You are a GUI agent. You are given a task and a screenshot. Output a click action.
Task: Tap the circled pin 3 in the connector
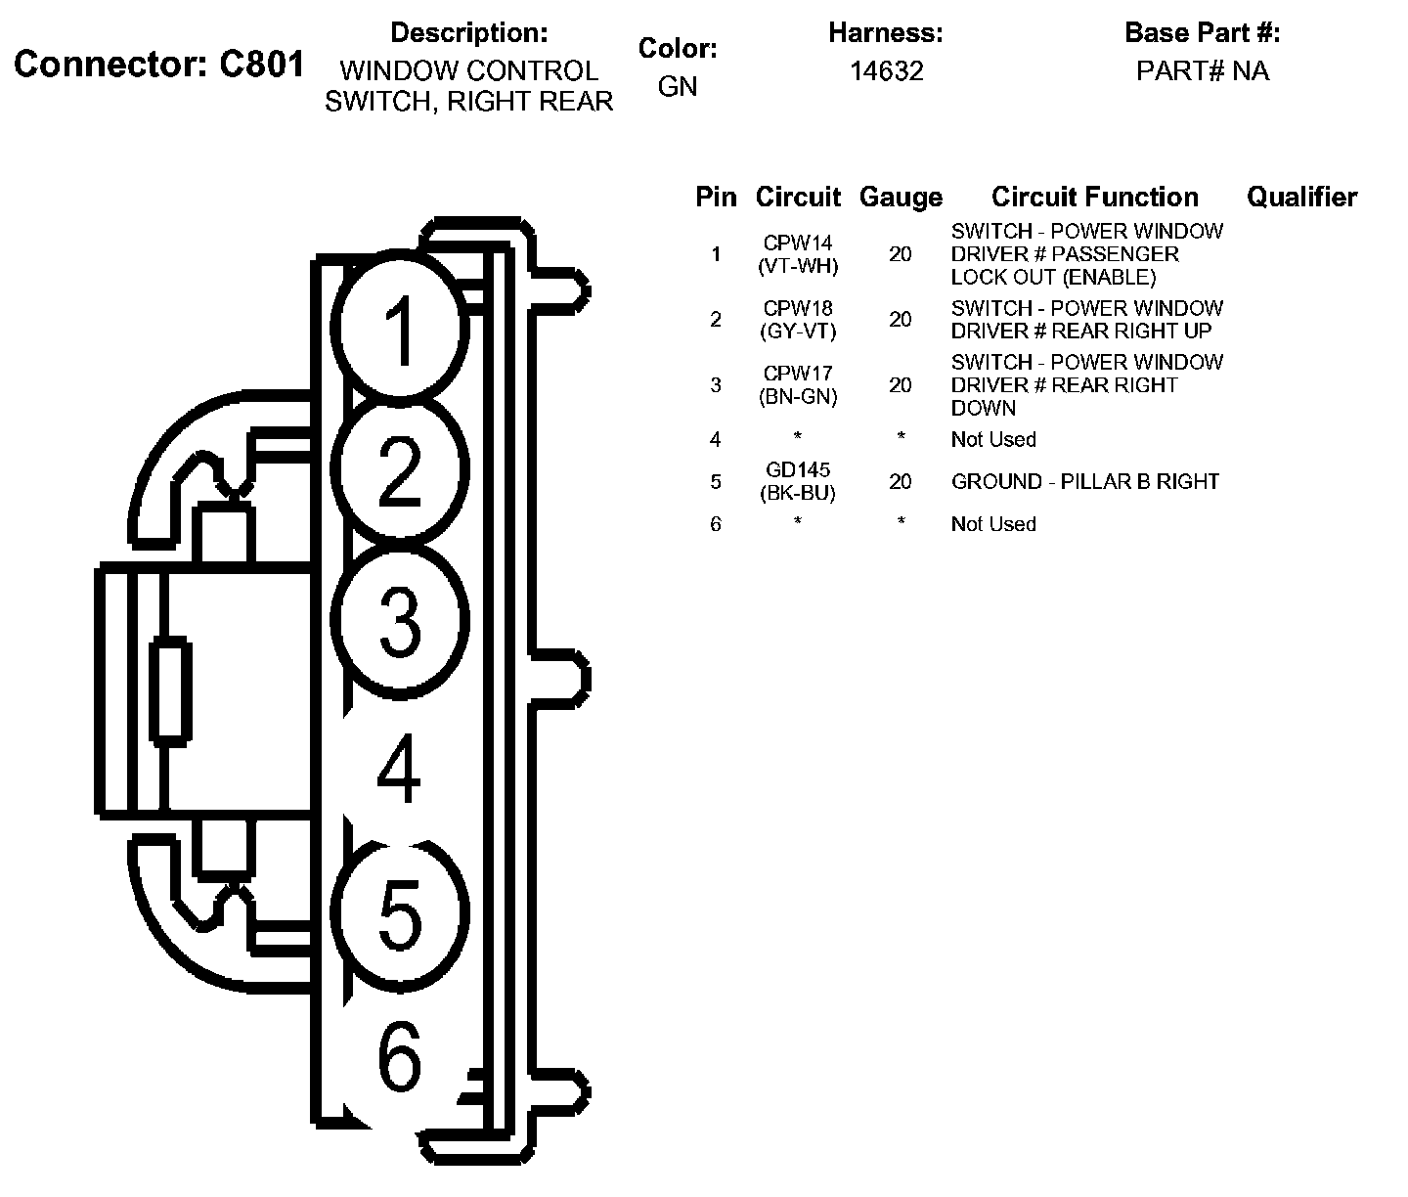[399, 618]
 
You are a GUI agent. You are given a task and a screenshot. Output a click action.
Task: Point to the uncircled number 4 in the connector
[399, 769]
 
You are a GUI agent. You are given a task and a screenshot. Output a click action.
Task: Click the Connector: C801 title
[159, 65]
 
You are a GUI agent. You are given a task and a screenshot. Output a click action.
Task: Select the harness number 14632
[886, 71]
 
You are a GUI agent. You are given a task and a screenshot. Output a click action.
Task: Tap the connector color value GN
[678, 86]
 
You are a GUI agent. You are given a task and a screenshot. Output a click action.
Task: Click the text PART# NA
[1202, 71]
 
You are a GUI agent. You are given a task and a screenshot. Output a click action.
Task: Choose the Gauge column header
[901, 198]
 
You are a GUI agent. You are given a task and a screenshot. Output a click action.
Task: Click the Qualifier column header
[1301, 198]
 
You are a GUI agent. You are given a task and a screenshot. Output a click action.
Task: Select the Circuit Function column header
[1094, 198]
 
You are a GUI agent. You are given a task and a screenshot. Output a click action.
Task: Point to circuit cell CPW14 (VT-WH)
[799, 254]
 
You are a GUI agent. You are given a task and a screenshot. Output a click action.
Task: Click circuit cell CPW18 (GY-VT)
[799, 320]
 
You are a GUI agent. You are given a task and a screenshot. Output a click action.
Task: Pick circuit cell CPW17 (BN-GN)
[799, 385]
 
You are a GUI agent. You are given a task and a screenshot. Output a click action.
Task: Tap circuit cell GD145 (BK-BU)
[799, 482]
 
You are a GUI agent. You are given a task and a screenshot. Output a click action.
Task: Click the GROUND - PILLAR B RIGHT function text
[1085, 482]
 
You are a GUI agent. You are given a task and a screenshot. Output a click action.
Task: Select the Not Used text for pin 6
[993, 524]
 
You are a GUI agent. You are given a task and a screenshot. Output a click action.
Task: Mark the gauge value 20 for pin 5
[901, 482]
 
